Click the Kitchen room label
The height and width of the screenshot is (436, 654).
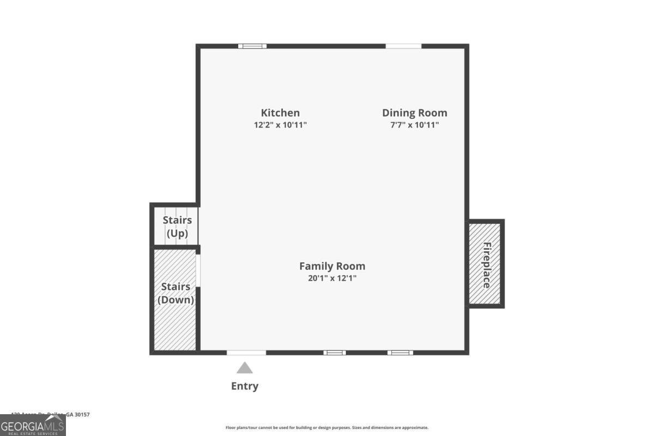280,113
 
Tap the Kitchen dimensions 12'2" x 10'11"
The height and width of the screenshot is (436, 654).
280,125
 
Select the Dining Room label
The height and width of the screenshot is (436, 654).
414,113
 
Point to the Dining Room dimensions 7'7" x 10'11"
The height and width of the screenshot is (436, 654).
414,125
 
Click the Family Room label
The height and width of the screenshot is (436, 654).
332,266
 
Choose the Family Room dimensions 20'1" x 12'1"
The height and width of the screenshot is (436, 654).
332,278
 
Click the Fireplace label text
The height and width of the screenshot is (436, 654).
487,265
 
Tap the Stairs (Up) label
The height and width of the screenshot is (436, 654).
177,227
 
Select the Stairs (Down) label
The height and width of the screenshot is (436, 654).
175,293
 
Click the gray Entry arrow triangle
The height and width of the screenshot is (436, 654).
245,368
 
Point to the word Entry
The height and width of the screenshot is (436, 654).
245,386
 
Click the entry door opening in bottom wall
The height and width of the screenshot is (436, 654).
246,353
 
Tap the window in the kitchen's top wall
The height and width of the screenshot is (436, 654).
252,46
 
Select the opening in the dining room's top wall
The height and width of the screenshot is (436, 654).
403,46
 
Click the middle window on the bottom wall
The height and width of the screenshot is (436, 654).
335,353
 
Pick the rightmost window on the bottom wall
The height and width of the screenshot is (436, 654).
400,353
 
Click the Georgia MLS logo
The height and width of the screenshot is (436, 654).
33,425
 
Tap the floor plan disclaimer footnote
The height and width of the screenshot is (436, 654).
327,428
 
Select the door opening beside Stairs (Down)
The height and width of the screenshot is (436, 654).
198,270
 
